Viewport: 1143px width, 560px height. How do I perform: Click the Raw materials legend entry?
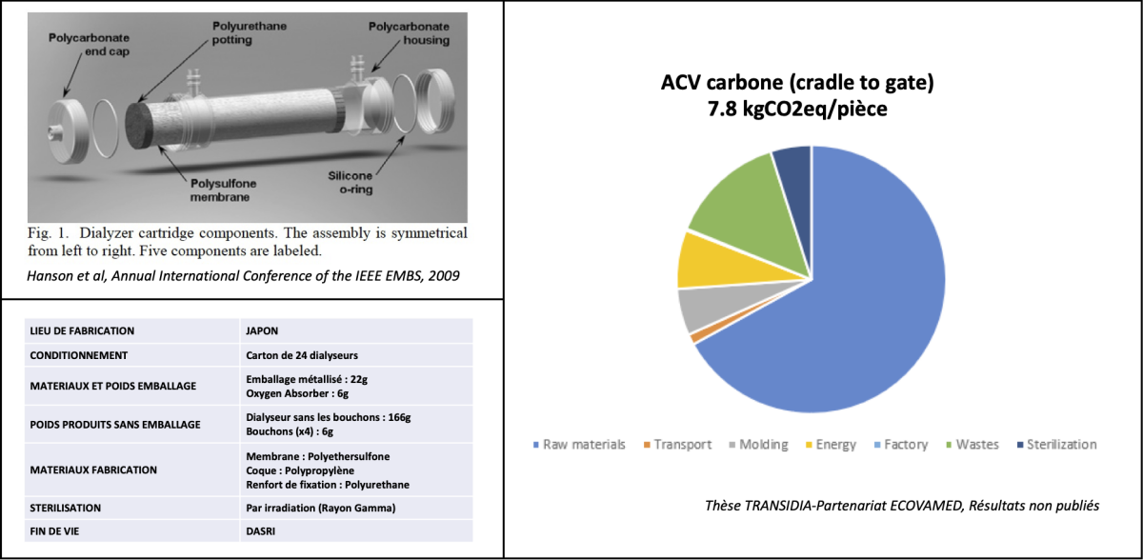pos(579,445)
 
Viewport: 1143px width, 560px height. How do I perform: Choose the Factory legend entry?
pos(901,445)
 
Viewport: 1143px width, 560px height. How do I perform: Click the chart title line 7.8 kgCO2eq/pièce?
pos(797,109)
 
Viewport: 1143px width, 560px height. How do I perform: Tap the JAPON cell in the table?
pos(262,331)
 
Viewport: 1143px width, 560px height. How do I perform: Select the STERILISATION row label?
pos(66,508)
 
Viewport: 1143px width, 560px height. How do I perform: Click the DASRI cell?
pos(260,531)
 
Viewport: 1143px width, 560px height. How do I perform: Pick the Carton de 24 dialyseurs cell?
pos(302,355)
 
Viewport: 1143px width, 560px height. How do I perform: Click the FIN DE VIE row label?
pos(54,531)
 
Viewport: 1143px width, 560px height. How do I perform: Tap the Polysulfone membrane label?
pos(223,190)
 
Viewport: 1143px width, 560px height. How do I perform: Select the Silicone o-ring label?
pos(351,183)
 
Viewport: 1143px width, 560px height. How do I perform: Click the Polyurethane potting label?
pos(249,32)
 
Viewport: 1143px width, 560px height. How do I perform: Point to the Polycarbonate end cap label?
pos(89,45)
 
